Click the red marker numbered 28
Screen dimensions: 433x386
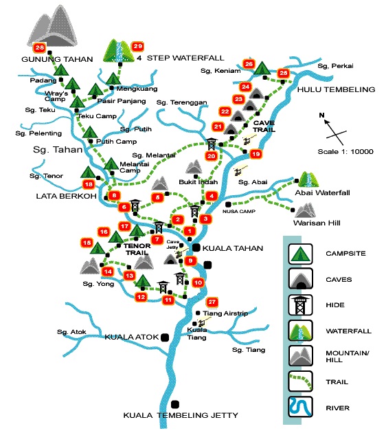click(x=39, y=48)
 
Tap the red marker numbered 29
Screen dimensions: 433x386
click(x=137, y=46)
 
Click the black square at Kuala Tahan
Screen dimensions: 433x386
click(x=197, y=247)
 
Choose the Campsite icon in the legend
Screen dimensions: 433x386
click(x=299, y=254)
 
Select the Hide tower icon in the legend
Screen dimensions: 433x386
click(x=299, y=305)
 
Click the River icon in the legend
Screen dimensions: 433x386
click(x=299, y=408)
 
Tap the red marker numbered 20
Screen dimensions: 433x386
click(x=212, y=156)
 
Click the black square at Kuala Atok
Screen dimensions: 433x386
click(x=164, y=337)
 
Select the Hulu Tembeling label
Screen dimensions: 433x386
click(x=337, y=90)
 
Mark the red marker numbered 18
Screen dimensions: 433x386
click(x=88, y=184)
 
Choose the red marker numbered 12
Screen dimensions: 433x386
click(x=141, y=297)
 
